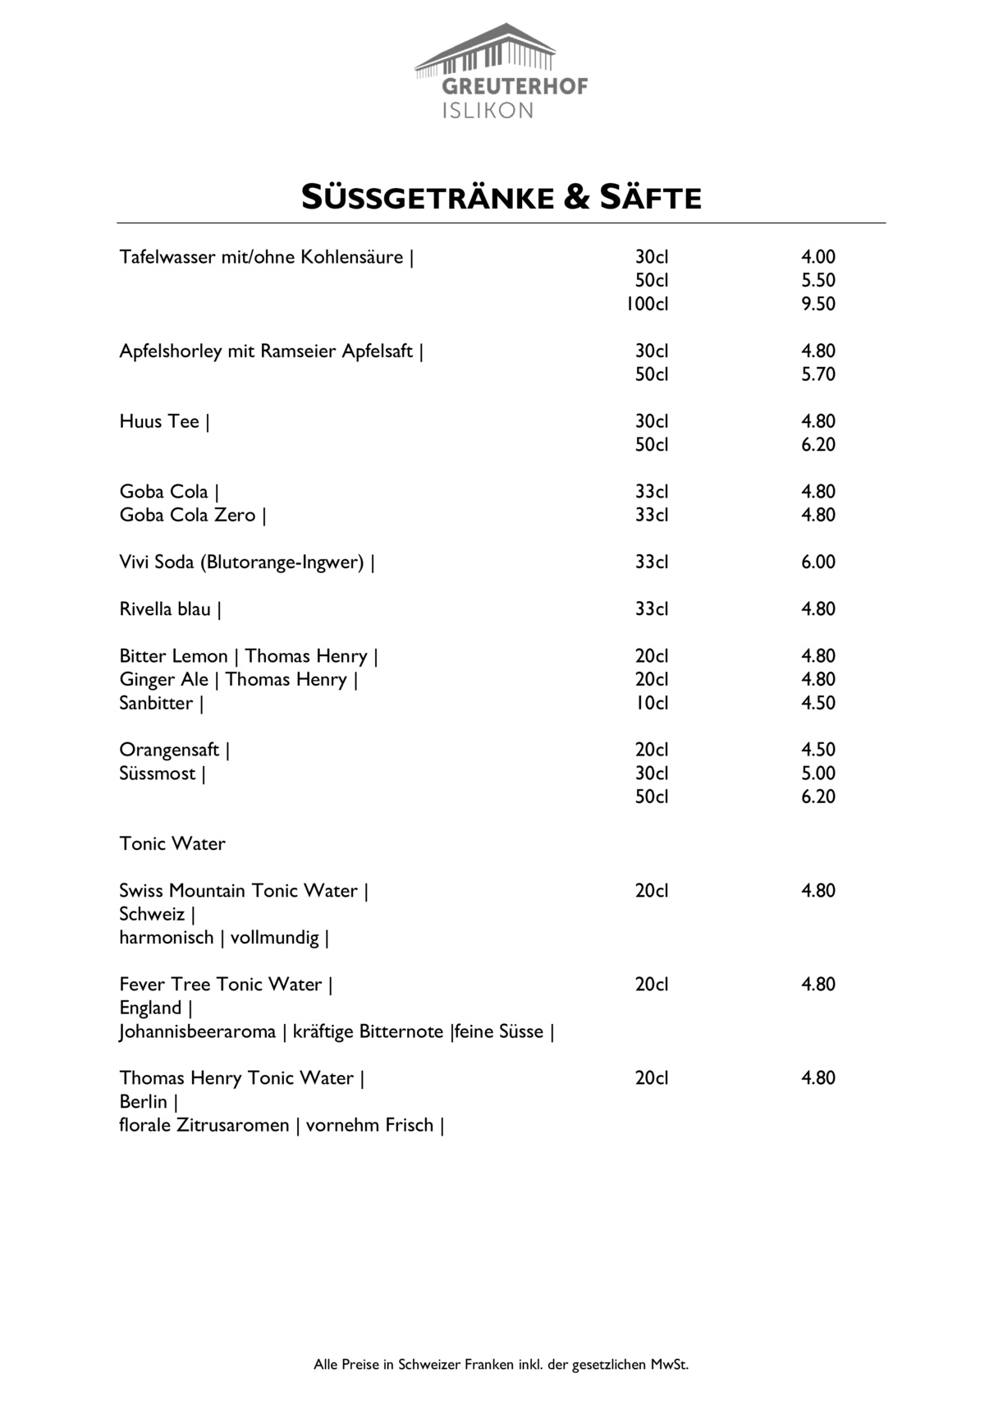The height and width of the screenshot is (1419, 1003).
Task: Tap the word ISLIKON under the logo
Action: coord(488,111)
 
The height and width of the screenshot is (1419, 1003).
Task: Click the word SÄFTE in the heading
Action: coord(651,198)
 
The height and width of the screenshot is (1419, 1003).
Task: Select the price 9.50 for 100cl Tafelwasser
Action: coord(818,304)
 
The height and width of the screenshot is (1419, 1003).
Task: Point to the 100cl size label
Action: coord(647,304)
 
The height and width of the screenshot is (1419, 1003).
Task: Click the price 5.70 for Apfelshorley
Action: coord(818,374)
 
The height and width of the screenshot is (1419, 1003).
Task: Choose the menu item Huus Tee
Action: coord(159,421)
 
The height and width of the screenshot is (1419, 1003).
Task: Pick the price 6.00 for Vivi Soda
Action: coord(818,562)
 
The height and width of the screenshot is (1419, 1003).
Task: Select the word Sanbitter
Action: coord(156,703)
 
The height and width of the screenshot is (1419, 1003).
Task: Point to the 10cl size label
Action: coord(652,703)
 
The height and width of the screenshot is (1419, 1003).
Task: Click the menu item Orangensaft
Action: coord(169,750)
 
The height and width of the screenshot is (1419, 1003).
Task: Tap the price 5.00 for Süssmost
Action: coord(818,774)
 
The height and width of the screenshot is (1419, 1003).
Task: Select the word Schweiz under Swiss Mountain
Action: coord(152,914)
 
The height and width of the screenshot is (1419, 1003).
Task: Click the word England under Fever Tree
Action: coord(150,1008)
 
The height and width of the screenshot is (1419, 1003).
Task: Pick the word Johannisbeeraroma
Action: coord(197,1031)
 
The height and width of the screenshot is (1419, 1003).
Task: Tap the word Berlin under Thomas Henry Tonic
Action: coord(143,1102)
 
